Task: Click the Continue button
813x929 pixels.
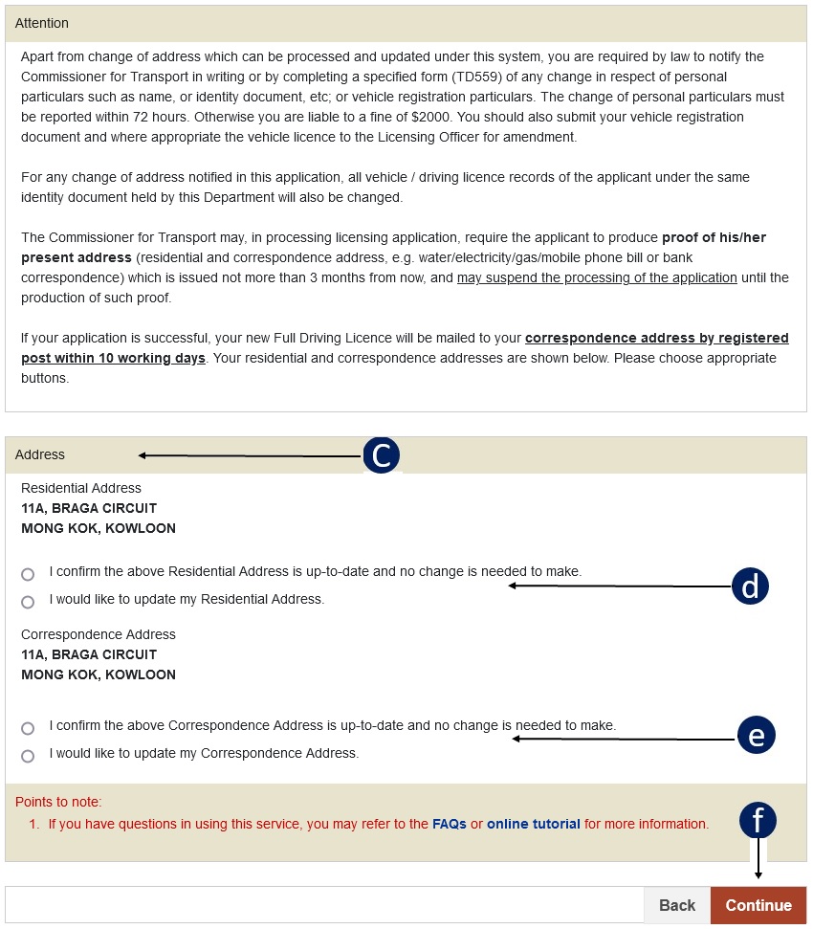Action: tap(758, 905)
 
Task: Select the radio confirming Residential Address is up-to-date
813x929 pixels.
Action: tap(28, 574)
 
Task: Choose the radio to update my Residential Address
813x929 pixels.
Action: tap(28, 602)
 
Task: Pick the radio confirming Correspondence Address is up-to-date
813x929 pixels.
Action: tap(28, 728)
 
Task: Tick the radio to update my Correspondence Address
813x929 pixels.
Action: tap(28, 756)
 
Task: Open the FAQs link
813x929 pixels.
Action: tap(449, 824)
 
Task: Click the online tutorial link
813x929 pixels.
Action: tap(533, 824)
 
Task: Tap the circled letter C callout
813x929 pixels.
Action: tap(381, 455)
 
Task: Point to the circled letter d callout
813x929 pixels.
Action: tap(750, 586)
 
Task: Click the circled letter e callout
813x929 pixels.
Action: tap(756, 735)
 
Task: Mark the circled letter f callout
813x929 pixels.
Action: tap(758, 820)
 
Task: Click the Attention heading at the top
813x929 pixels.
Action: tap(42, 23)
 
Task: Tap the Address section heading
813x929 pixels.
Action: tap(40, 455)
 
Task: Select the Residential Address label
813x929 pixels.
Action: tap(81, 488)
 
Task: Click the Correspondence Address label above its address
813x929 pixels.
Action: tap(99, 634)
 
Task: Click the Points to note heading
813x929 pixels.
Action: tap(58, 802)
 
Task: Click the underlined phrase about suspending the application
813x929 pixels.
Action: tap(597, 277)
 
